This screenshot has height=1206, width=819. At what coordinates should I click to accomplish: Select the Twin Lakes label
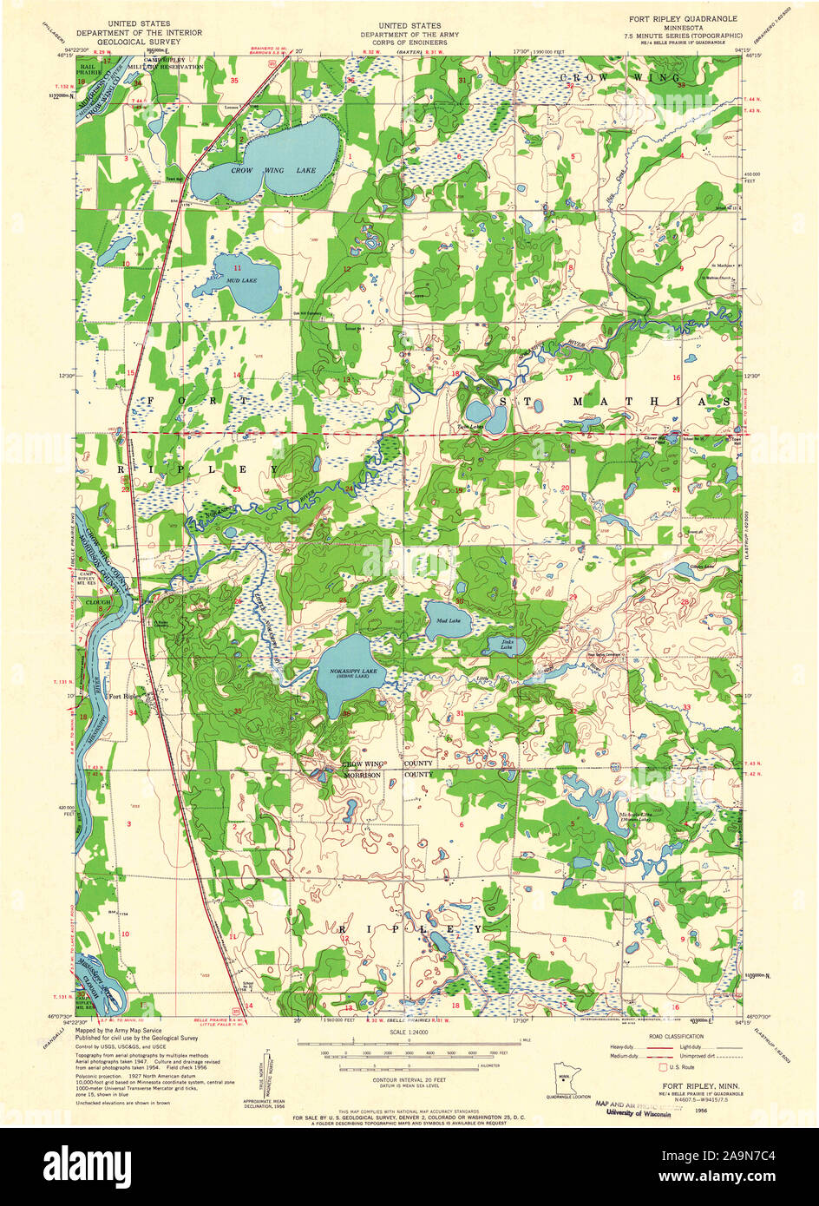(x=471, y=427)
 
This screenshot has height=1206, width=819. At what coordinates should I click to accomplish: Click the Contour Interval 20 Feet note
(x=408, y=1079)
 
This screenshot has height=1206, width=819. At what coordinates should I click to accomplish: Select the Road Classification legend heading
(x=677, y=1035)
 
